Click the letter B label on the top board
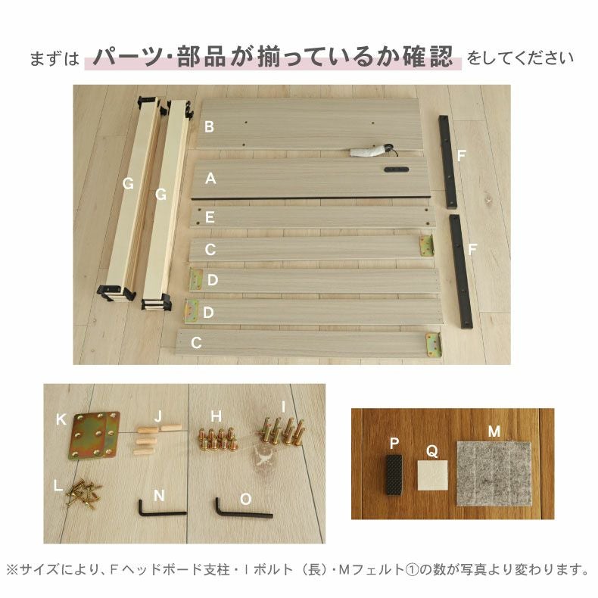209,126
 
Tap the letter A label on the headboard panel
211,179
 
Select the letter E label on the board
210,217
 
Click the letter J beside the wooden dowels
158,416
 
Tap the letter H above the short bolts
216,416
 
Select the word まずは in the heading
54,58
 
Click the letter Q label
431,451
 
